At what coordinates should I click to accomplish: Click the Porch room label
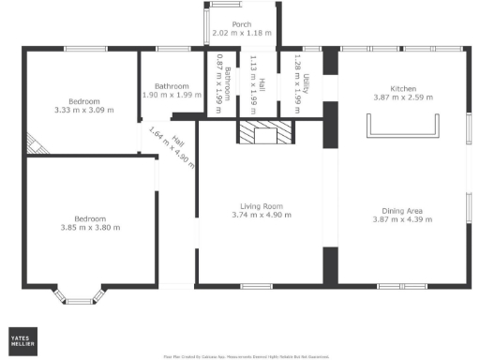242,24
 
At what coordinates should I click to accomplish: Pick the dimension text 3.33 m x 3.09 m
85,110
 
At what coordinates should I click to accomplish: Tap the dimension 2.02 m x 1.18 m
242,34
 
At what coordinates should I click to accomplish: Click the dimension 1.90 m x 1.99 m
172,95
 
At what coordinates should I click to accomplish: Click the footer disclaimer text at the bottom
246,356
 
